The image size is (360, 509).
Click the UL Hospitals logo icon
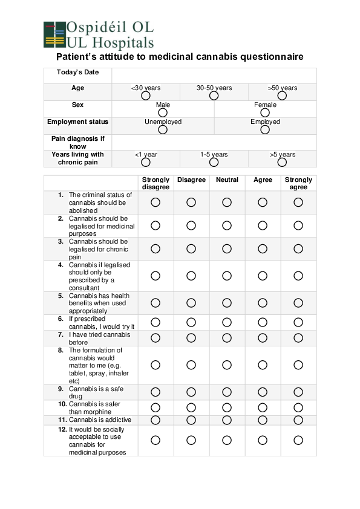coord(54,34)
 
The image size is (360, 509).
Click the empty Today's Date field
coord(214,75)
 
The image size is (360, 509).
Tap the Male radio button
coord(163,112)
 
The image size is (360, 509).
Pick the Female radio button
coord(265,112)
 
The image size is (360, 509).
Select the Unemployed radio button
coord(163,129)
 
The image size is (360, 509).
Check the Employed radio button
coord(265,129)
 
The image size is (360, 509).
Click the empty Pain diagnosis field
coord(214,142)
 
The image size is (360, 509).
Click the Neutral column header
coord(227,180)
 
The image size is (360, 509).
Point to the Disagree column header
coord(191,180)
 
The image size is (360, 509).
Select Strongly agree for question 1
coord(298,203)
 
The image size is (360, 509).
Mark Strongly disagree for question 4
coord(155,276)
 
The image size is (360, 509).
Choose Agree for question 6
coord(263,322)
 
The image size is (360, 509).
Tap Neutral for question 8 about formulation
coord(227,365)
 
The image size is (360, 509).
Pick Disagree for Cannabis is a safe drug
coord(191,392)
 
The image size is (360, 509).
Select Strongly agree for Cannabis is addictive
coord(298,420)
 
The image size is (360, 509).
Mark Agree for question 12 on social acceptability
coord(263,440)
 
